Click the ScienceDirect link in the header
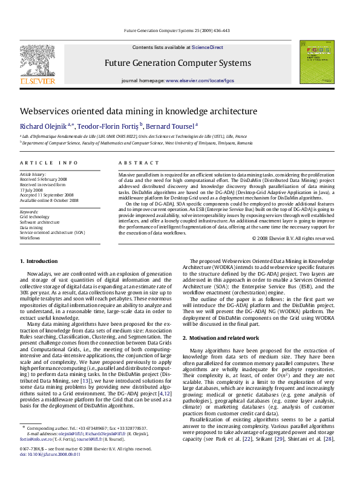[x=207, y=47]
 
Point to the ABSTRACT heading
[x=134, y=163]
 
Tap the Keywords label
[x=29, y=212]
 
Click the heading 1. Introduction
[x=39, y=261]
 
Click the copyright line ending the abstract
[x=293, y=238]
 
